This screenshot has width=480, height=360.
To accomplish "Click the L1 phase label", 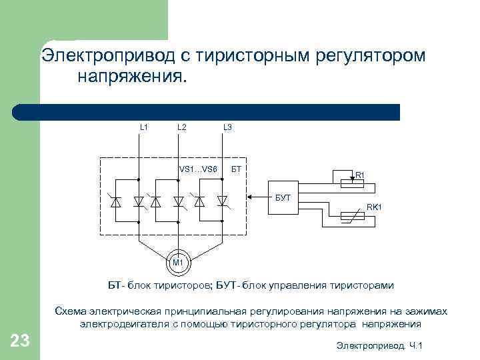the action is click(144, 127).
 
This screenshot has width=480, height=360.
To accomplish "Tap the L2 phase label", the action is click(182, 127).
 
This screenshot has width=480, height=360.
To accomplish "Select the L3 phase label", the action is click(227, 127).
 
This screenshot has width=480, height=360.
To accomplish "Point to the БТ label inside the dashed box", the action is click(236, 169).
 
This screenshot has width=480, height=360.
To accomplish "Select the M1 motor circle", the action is click(178, 262).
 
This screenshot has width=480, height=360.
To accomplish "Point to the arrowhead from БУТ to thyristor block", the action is click(249, 197).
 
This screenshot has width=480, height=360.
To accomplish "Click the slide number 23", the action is click(20, 342).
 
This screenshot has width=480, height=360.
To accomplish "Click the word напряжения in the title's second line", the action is click(132, 77).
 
